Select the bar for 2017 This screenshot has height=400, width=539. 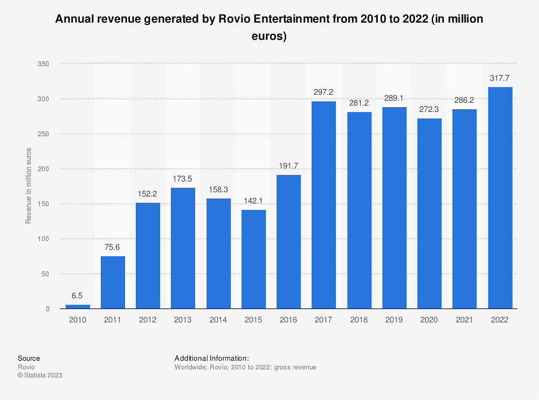click(x=324, y=205)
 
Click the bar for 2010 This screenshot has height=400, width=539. click(x=78, y=306)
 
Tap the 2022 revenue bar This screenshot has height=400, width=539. click(x=500, y=198)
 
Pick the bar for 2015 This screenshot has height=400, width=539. click(x=253, y=259)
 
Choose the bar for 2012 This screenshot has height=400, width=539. click(x=148, y=256)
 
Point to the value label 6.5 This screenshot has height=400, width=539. click(x=78, y=296)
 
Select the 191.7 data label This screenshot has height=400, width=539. click(x=288, y=166)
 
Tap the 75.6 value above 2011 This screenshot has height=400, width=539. click(x=113, y=247)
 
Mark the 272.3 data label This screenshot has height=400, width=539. click(x=430, y=109)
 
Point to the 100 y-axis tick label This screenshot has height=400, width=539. click(x=44, y=239)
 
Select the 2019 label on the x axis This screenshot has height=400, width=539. click(x=394, y=320)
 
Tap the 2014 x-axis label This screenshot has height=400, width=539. click(x=218, y=320)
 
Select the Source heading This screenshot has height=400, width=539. click(x=29, y=358)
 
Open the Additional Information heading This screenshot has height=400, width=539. click(x=211, y=358)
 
